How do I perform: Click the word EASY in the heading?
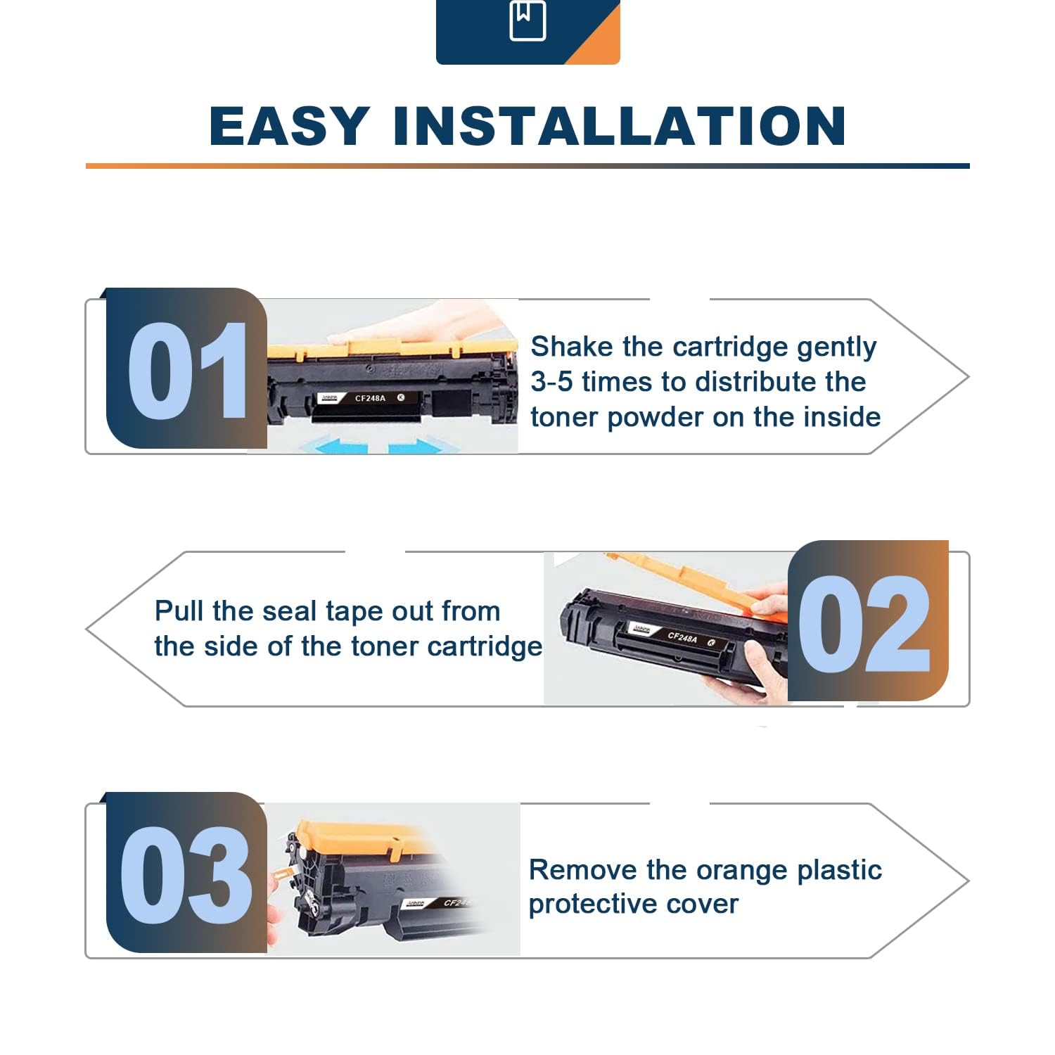click(x=289, y=127)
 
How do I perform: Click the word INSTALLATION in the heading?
click(x=620, y=127)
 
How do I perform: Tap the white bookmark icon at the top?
click(x=527, y=21)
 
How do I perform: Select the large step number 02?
click(x=864, y=623)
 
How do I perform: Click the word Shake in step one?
click(x=572, y=346)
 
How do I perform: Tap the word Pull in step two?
click(x=179, y=610)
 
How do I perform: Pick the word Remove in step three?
click(x=583, y=870)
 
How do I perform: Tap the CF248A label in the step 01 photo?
click(x=370, y=398)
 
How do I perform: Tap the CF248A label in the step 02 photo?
click(x=682, y=637)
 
